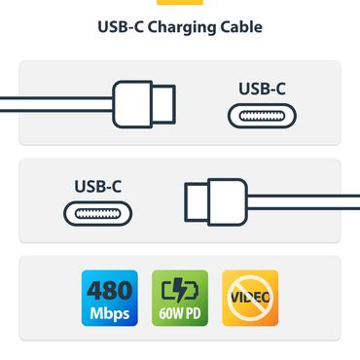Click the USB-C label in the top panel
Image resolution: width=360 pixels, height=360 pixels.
(262, 89)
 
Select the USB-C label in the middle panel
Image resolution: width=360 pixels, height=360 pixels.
(98, 185)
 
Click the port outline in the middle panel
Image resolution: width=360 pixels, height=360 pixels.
(98, 213)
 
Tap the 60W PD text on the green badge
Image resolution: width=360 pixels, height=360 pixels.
(180, 313)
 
